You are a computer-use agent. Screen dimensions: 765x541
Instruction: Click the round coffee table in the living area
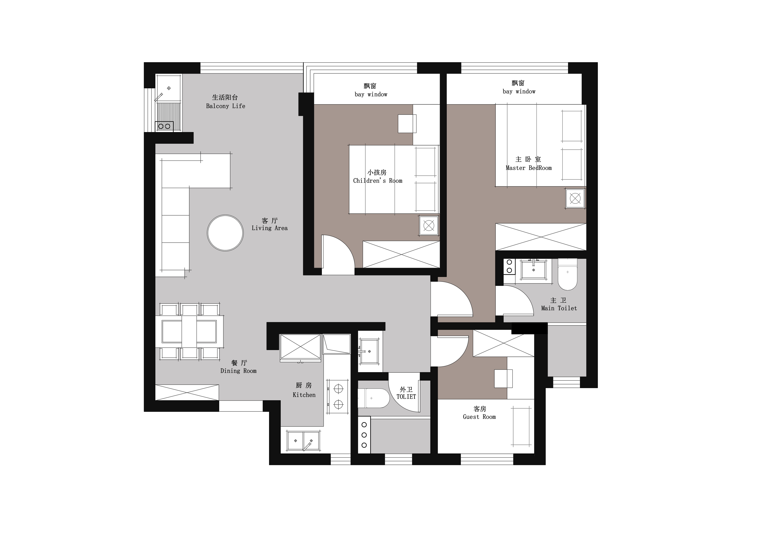pos(225,233)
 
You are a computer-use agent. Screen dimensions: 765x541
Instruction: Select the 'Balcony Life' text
pos(226,106)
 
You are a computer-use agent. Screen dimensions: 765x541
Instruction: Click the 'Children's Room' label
pos(378,181)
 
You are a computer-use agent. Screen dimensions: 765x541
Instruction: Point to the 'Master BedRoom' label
pos(529,168)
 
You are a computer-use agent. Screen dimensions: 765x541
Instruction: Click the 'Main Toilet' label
pos(559,308)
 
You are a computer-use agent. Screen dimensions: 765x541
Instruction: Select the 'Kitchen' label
pos(304,395)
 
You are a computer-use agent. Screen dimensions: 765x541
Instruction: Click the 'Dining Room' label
pos(239,371)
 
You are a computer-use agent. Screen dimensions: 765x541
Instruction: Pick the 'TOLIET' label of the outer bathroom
pos(406,397)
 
